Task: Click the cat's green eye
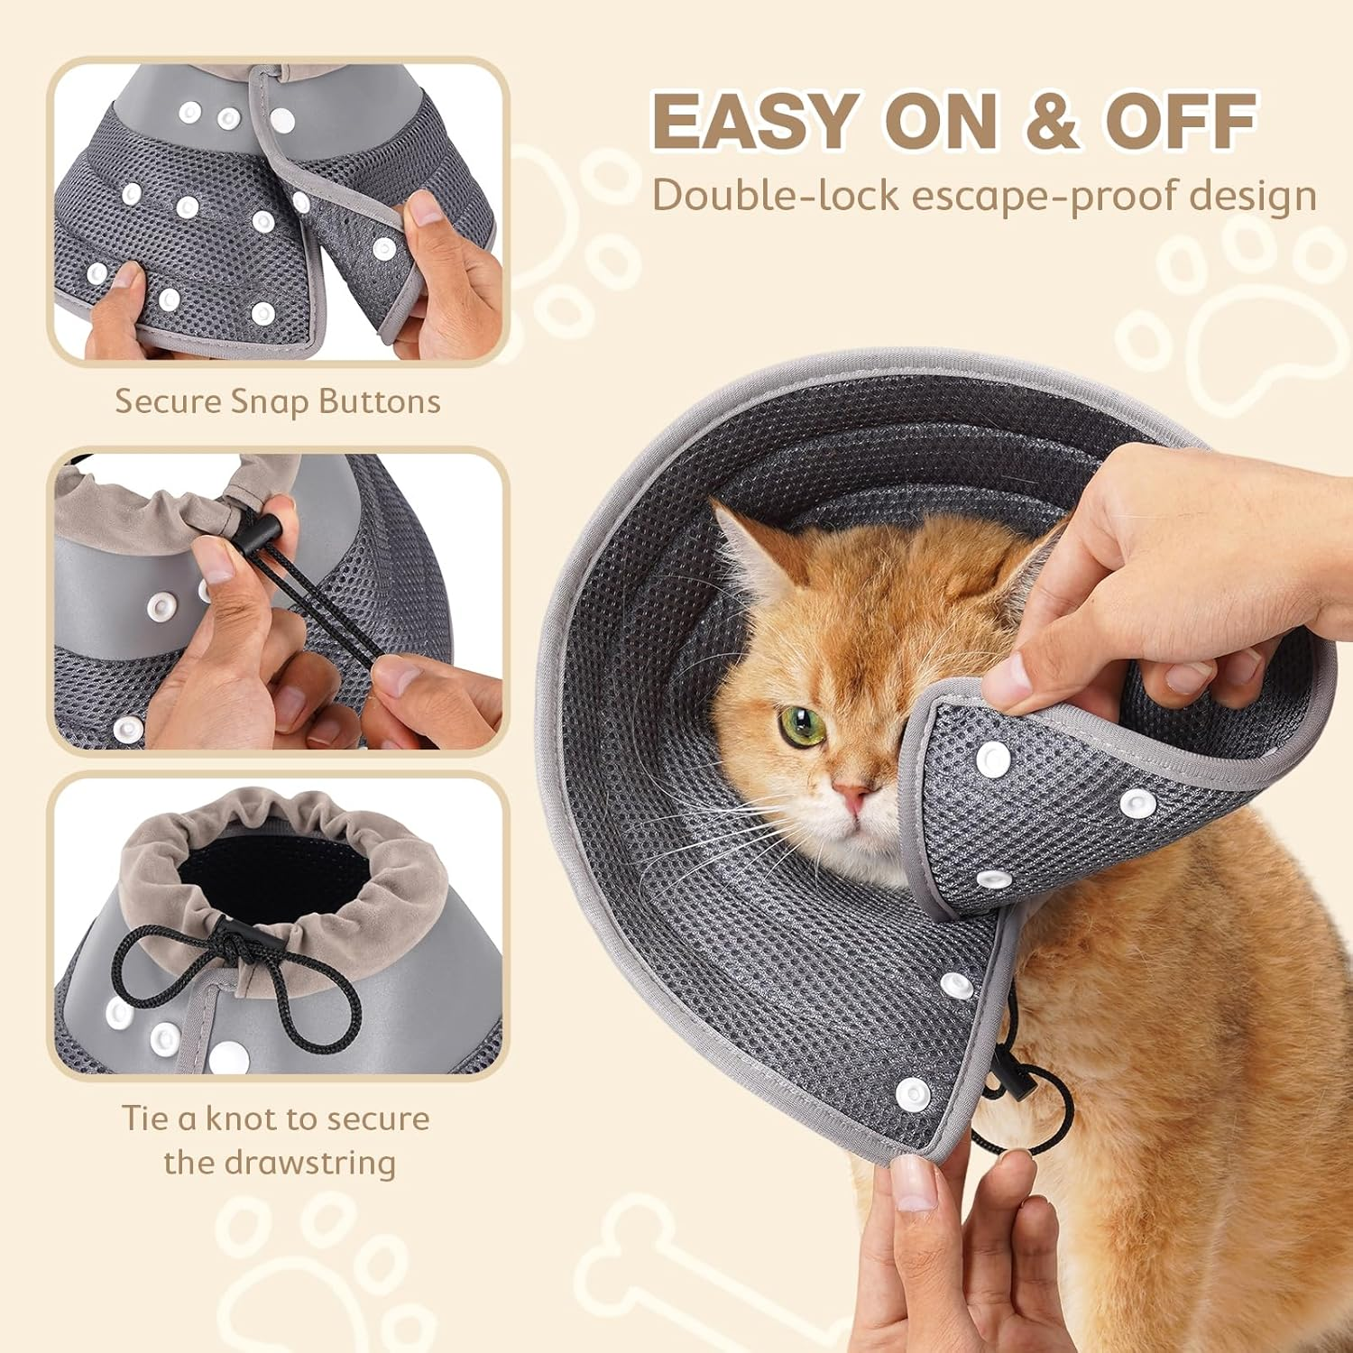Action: pyautogui.click(x=802, y=725)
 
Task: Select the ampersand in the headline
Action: pyautogui.click(x=1051, y=121)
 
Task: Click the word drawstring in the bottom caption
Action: pyautogui.click(x=307, y=1162)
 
